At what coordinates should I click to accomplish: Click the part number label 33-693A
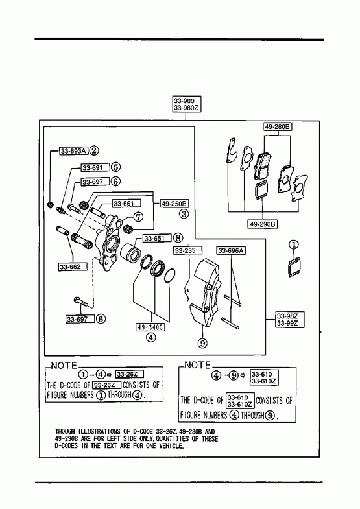[x=74, y=151]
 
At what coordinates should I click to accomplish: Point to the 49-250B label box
[x=174, y=204]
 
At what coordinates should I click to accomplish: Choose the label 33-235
[x=187, y=250]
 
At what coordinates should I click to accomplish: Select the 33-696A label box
[x=231, y=250]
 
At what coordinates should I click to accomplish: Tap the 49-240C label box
[x=150, y=327]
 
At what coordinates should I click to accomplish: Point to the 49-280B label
[x=278, y=126]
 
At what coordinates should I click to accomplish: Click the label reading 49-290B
[x=263, y=224]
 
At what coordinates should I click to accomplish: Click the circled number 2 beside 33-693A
[x=94, y=150]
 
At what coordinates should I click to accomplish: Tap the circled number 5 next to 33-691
[x=115, y=167]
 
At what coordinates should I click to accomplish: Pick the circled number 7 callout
[x=138, y=217]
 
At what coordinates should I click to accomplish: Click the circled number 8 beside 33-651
[x=178, y=238]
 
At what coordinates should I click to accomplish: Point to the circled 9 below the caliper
[x=202, y=343]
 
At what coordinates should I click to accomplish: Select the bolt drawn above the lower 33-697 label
[x=80, y=302]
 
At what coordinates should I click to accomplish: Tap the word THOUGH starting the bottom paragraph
[x=65, y=431]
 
